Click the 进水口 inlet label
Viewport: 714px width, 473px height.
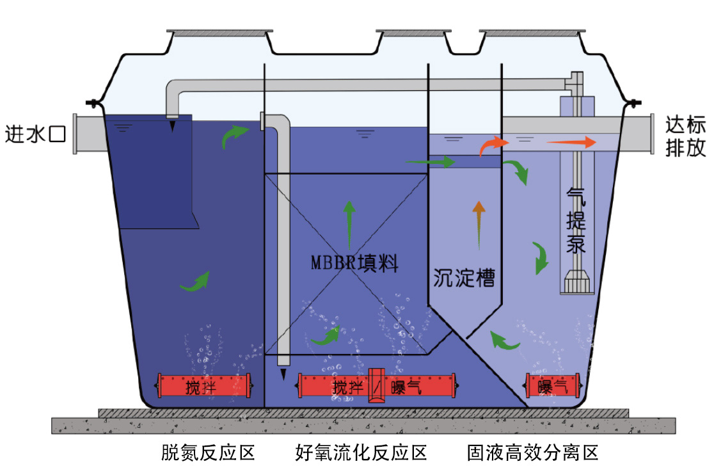36,134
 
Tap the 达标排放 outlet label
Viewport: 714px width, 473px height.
685,136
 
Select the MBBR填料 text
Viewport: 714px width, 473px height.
354,264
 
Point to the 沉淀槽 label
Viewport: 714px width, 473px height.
464,278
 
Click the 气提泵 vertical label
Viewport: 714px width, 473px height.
576,221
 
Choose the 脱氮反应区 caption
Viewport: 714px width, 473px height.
208,453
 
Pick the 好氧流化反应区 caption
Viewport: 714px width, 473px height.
361,453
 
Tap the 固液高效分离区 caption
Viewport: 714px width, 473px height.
533,453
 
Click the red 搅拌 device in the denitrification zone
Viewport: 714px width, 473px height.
203,386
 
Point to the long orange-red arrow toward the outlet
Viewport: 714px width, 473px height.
571,143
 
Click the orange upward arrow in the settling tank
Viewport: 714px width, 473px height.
479,225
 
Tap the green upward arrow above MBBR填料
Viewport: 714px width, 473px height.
349,225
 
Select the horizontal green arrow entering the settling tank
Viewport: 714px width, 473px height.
431,162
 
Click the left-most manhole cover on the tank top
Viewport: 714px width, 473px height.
219,33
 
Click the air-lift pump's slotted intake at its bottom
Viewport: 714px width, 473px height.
577,282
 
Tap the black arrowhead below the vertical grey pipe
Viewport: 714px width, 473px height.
283,374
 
